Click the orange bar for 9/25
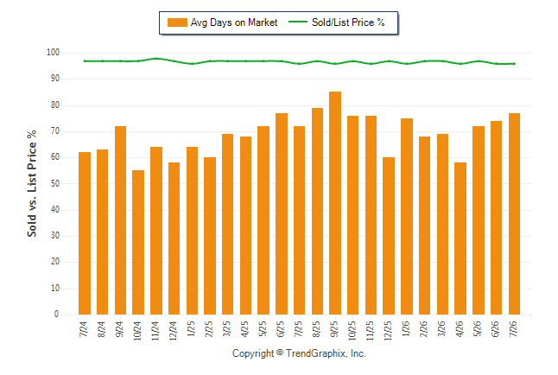coord(335,203)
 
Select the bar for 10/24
coord(138,242)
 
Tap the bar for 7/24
coord(85,233)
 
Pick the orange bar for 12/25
coord(389,236)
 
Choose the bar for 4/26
coord(460,238)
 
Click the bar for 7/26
coord(514,213)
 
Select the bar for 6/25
coord(282,213)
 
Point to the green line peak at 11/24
coord(156,59)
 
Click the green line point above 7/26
coord(514,64)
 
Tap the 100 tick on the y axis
coord(53,53)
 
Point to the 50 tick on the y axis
coord(54,183)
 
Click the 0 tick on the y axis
coord(57,315)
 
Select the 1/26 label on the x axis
coord(406,328)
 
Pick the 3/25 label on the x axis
coord(227,328)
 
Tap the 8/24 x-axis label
coord(102,329)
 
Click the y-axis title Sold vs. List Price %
coord(32,183)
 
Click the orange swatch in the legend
coord(177,22)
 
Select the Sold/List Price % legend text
coord(348,22)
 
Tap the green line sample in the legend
coord(297,22)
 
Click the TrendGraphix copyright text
coord(299,353)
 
